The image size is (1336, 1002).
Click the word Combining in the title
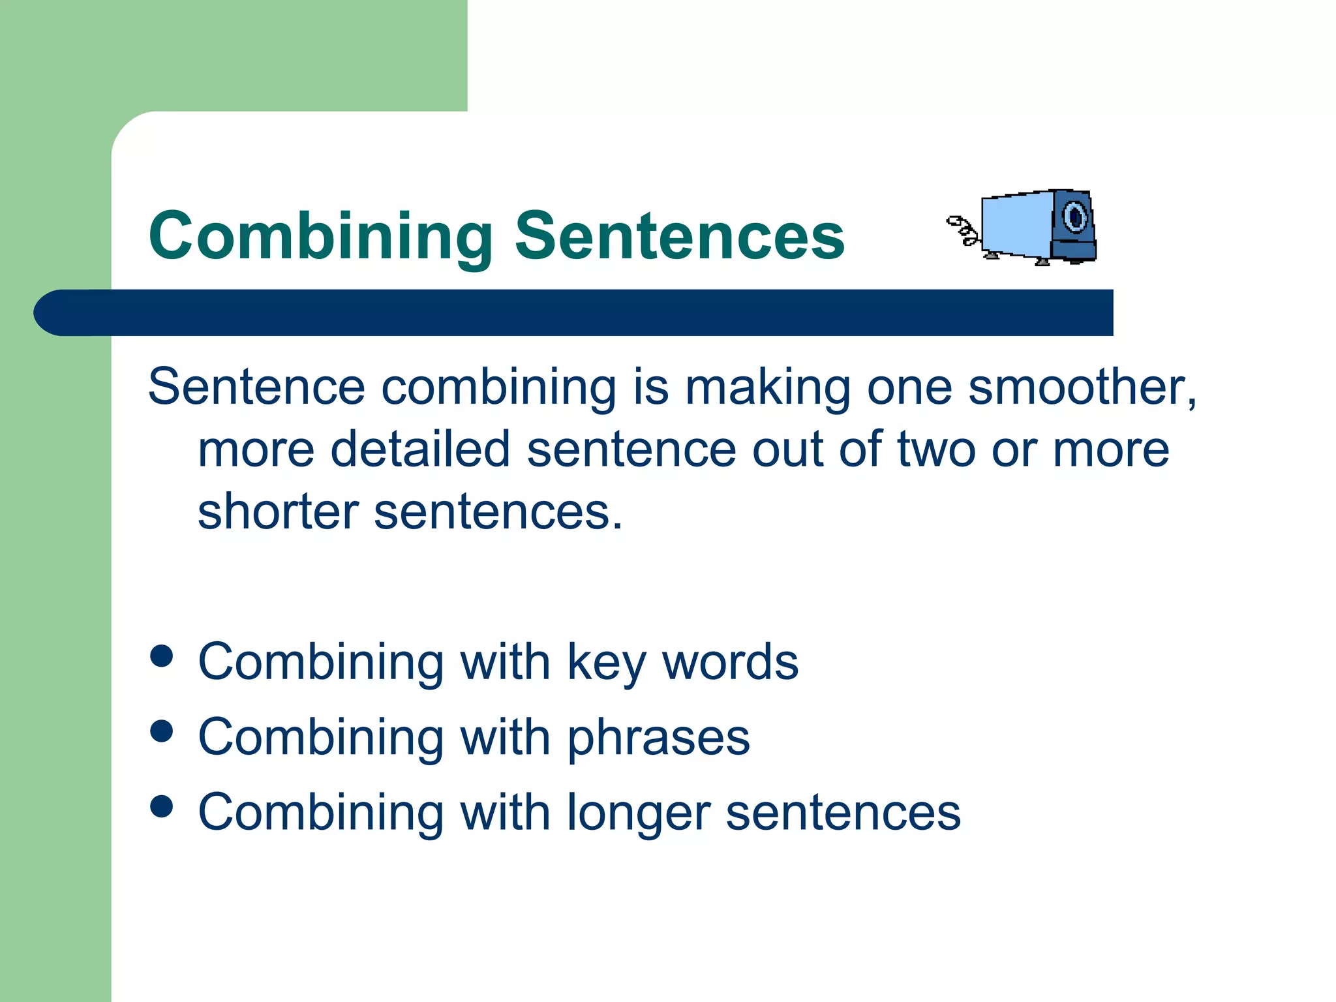[x=321, y=236]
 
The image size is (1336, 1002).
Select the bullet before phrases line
[x=161, y=731]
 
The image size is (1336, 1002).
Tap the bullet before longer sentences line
[x=161, y=806]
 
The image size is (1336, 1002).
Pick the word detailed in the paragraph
[x=419, y=449]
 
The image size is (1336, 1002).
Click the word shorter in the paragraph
[x=277, y=512]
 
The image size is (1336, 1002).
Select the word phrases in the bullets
[x=658, y=738]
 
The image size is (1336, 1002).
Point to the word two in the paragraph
[x=936, y=449]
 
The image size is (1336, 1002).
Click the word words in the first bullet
[x=730, y=663]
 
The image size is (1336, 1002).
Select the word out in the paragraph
[x=787, y=449]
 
